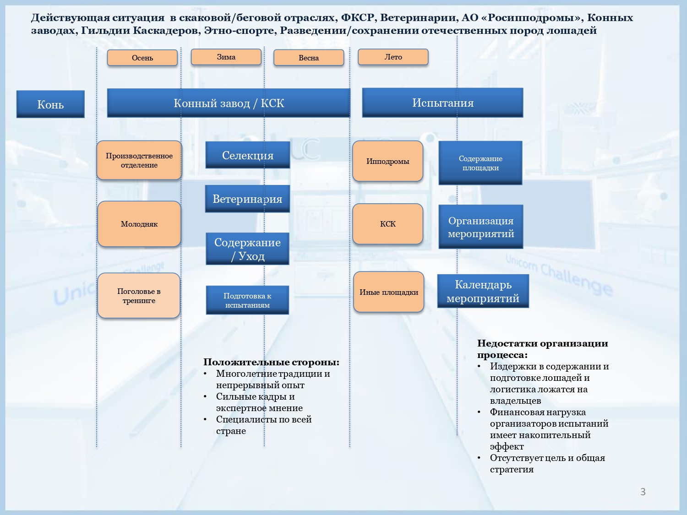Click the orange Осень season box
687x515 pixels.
tap(142, 58)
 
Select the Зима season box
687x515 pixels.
tap(226, 57)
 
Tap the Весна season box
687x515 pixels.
tap(308, 58)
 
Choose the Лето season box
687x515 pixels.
tap(393, 57)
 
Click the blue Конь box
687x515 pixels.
tap(50, 104)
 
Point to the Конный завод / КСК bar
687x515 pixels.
tap(229, 103)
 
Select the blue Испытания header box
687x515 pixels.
tap(442, 103)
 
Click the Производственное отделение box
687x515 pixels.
tap(139, 160)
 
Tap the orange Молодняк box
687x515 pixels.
tap(139, 224)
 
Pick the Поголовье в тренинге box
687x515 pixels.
tap(139, 296)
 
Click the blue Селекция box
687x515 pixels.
tap(247, 155)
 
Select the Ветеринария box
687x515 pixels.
tap(247, 199)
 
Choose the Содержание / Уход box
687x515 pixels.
tap(247, 249)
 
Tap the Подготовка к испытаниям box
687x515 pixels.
tap(247, 300)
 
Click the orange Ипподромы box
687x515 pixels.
tap(387, 161)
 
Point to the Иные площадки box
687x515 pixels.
tap(388, 292)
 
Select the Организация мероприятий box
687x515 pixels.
tap(480, 227)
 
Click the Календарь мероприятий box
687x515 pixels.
tap(483, 291)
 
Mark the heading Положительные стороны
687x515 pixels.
tap(271, 362)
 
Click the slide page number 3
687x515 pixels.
tap(643, 492)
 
